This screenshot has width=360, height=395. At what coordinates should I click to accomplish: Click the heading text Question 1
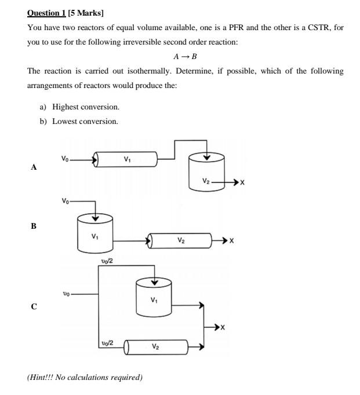(x=46, y=13)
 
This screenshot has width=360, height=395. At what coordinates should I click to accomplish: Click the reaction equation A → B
(x=185, y=57)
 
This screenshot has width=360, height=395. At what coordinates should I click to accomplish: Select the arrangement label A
(x=34, y=167)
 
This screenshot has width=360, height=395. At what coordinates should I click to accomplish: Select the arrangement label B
(x=34, y=226)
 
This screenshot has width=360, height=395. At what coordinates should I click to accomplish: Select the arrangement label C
(x=34, y=306)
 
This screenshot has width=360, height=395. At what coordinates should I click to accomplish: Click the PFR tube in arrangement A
(x=126, y=159)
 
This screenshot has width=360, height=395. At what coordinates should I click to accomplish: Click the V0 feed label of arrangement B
(x=67, y=201)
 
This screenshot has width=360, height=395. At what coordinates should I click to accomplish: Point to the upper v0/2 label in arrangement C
(x=107, y=261)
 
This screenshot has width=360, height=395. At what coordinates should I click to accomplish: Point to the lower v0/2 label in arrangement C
(x=107, y=343)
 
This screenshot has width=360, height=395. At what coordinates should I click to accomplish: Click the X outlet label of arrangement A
(x=242, y=182)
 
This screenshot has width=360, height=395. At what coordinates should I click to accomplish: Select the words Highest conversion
(x=86, y=107)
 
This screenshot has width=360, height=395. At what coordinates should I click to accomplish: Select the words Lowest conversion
(x=85, y=121)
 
